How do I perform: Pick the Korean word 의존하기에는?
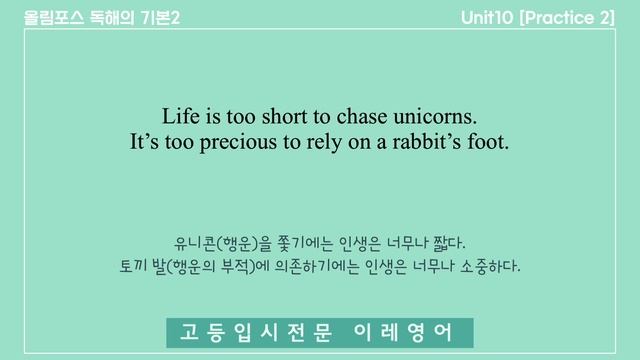click(321, 268)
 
